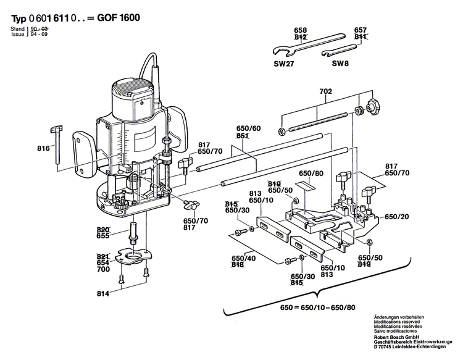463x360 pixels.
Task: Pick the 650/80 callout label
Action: click(311, 174)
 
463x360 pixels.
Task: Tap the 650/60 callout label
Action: click(248, 129)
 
